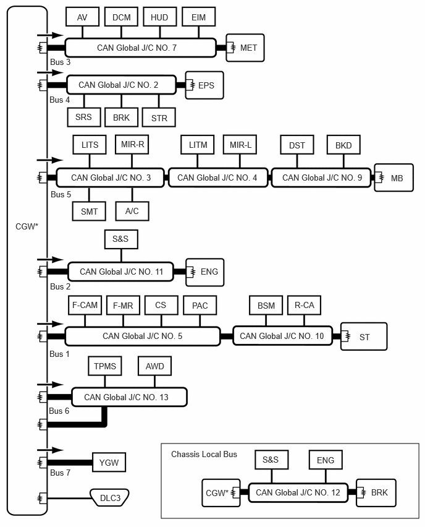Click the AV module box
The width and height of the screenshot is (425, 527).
pyautogui.click(x=82, y=17)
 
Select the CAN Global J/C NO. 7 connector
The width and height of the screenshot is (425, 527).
pyautogui.click(x=140, y=48)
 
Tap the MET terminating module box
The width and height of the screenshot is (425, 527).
pyautogui.click(x=245, y=48)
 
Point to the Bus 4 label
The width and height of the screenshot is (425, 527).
pyautogui.click(x=59, y=100)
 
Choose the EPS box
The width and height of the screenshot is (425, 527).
pyautogui.click(x=204, y=85)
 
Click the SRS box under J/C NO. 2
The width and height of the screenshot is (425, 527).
pyautogui.click(x=84, y=118)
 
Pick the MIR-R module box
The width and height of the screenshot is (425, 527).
pyautogui.click(x=132, y=145)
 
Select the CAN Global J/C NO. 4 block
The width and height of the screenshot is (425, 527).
pyautogui.click(x=218, y=178)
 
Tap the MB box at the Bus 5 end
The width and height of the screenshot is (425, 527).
pyautogui.click(x=393, y=178)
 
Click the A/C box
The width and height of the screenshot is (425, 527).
pyautogui.click(x=132, y=211)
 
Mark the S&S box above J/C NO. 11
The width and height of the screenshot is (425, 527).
pyautogui.click(x=121, y=239)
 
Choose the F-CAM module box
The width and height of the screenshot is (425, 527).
pyautogui.click(x=85, y=305)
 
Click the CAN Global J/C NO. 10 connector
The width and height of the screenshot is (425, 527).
pyautogui.click(x=283, y=336)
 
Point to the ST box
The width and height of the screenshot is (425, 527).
pyautogui.click(x=364, y=336)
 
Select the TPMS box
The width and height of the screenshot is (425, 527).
pyautogui.click(x=105, y=366)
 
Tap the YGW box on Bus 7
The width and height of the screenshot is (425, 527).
pyautogui.click(x=109, y=463)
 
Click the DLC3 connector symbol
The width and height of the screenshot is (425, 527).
pyautogui.click(x=110, y=497)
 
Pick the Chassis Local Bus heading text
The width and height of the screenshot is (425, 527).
pyautogui.click(x=204, y=455)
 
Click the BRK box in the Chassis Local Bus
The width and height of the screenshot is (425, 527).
pyautogui.click(x=376, y=493)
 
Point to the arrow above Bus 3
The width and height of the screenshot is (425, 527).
pyautogui.click(x=50, y=35)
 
